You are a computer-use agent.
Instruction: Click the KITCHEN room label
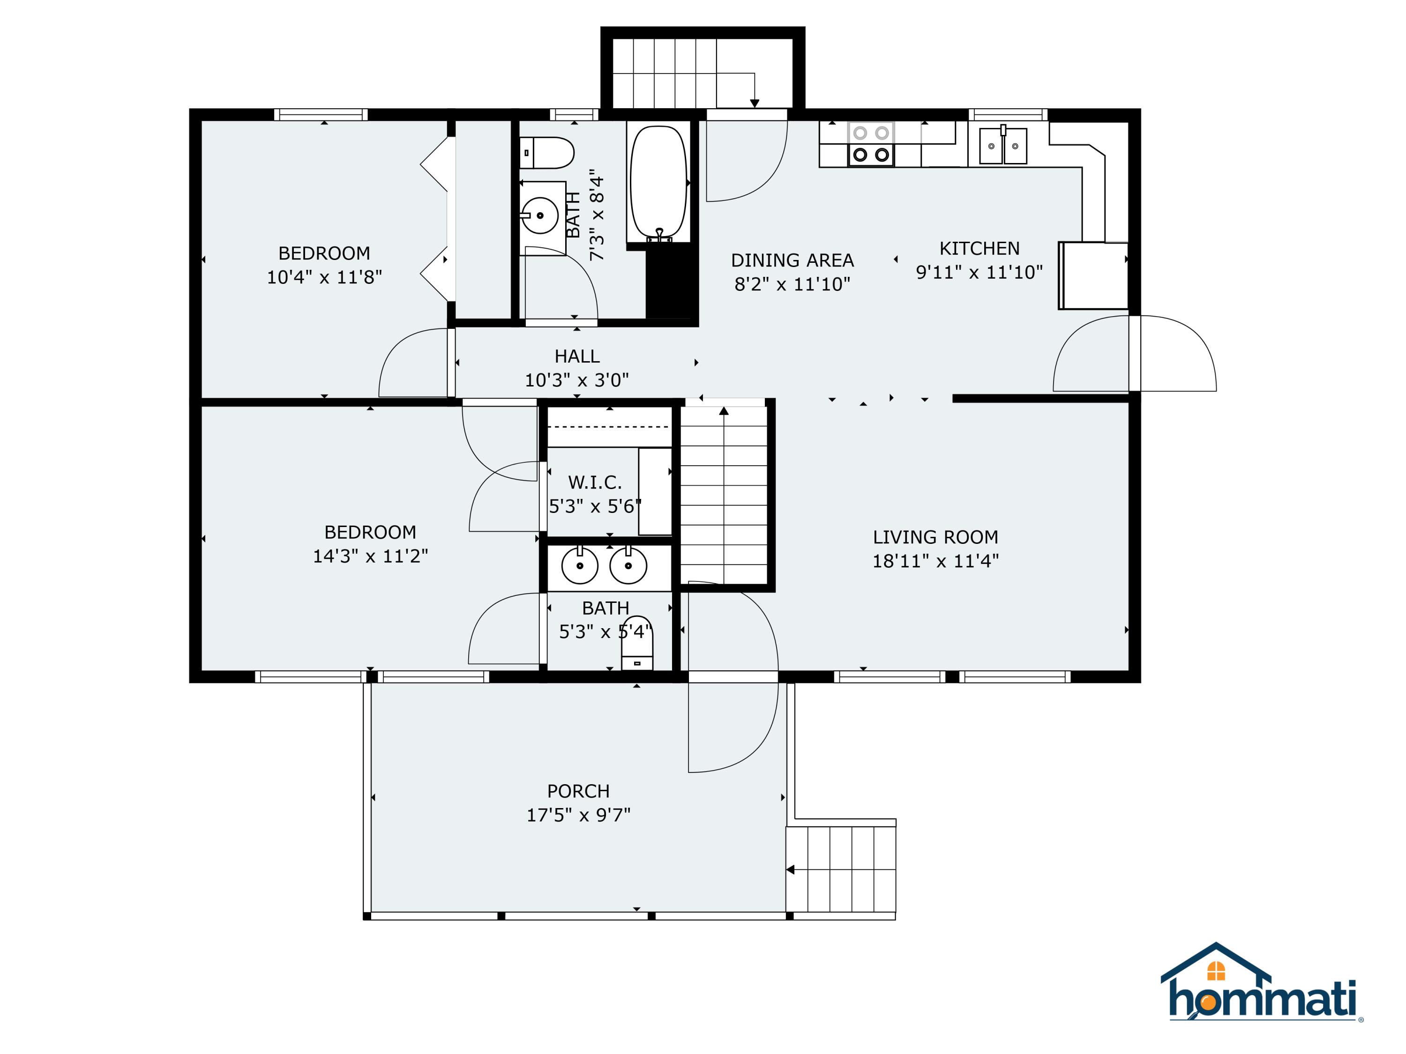click(979, 248)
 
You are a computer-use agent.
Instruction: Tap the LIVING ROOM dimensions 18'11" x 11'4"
click(935, 561)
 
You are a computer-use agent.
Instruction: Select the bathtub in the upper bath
click(658, 183)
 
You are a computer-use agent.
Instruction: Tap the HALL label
click(576, 356)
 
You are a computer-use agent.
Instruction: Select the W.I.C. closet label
click(594, 483)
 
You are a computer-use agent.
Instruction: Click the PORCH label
click(578, 791)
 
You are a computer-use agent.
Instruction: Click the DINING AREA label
click(792, 260)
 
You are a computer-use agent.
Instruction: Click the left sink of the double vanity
click(580, 565)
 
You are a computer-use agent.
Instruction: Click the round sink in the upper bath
click(539, 215)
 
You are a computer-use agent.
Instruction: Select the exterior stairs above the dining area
click(703, 73)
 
